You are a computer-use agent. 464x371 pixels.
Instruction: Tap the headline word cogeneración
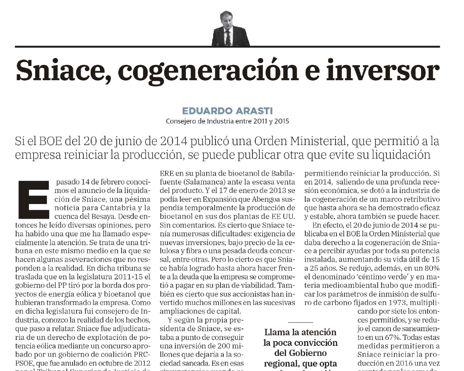(x=208, y=71)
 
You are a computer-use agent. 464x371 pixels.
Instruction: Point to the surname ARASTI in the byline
(x=254, y=111)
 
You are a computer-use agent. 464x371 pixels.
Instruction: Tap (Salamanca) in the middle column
(x=204, y=182)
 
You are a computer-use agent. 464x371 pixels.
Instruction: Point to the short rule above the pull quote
(x=301, y=322)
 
